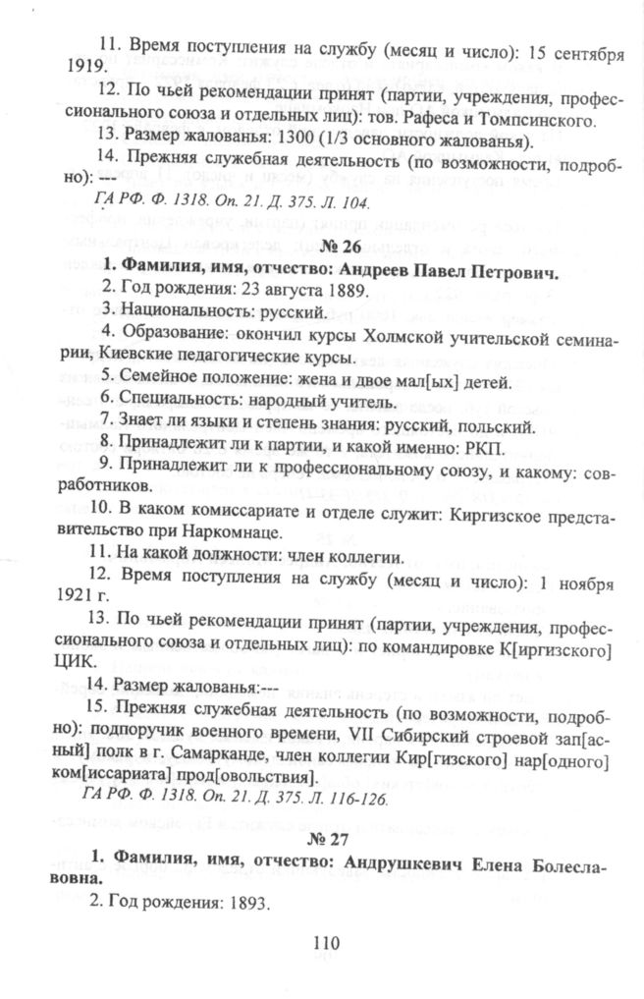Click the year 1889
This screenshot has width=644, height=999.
346,292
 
